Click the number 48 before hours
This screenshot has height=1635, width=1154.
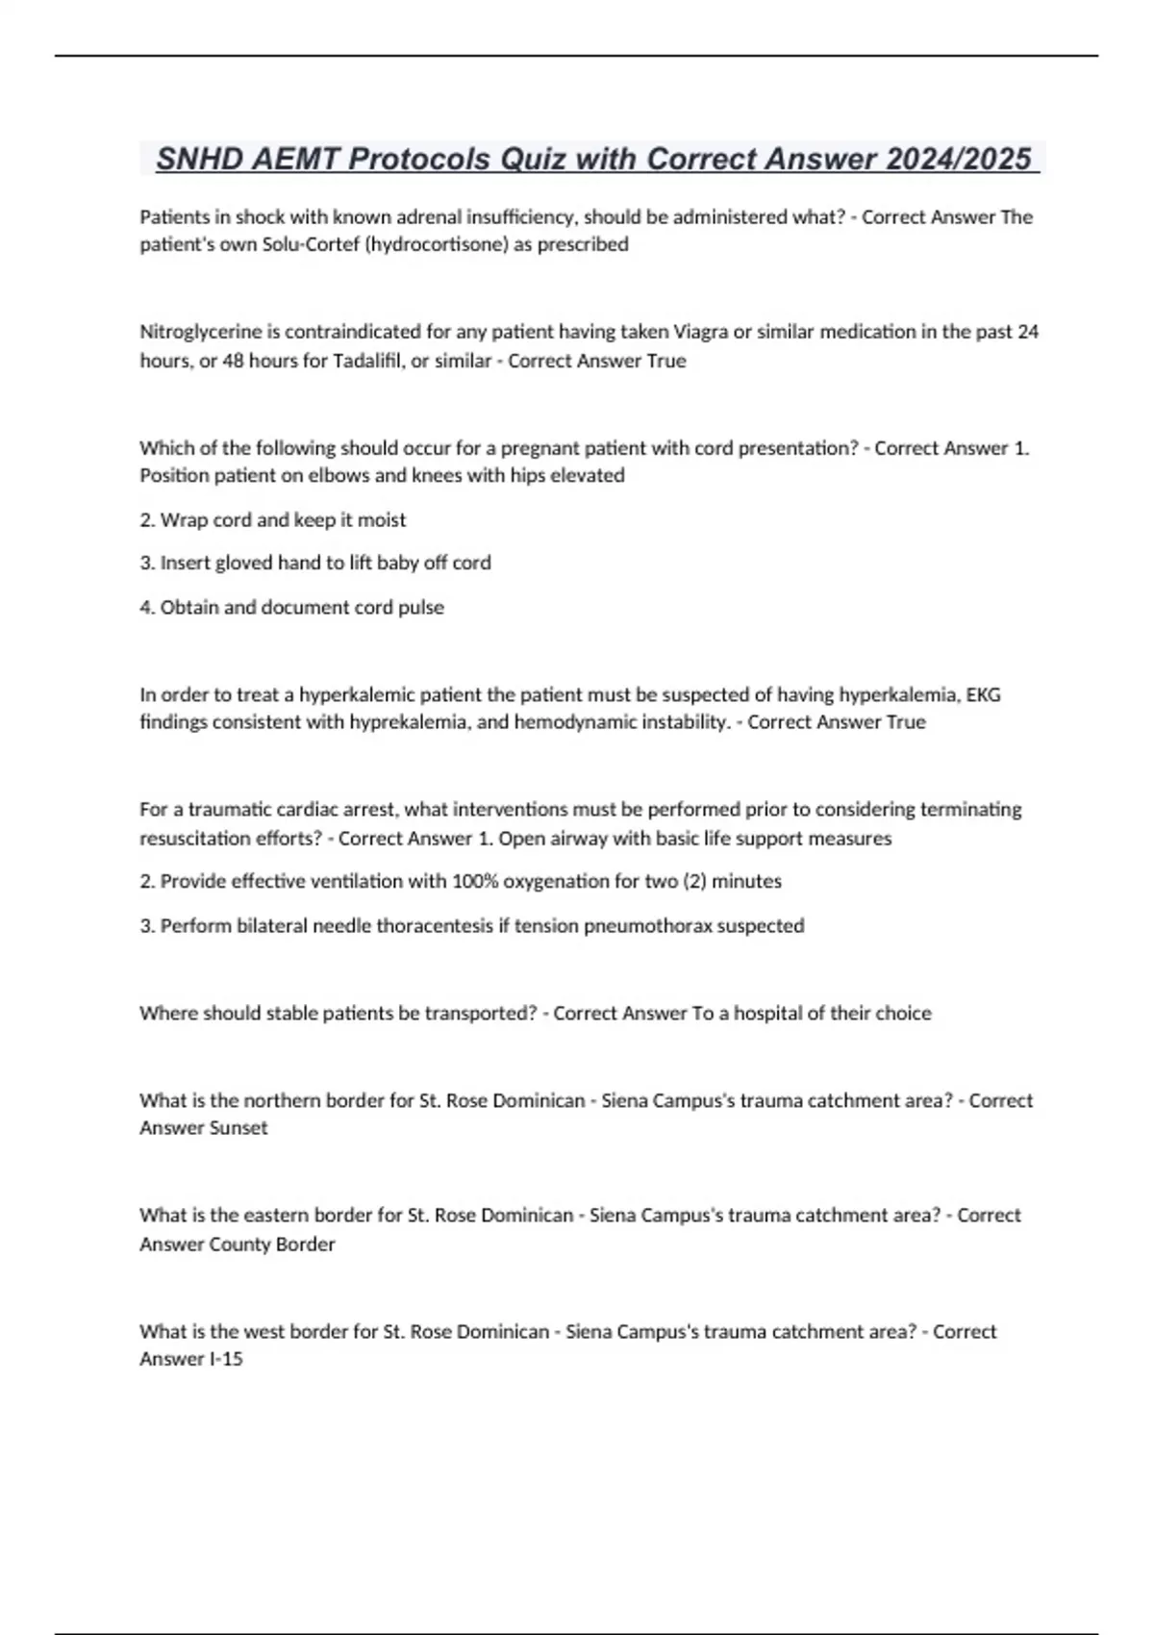233,361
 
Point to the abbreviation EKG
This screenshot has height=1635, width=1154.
983,694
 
